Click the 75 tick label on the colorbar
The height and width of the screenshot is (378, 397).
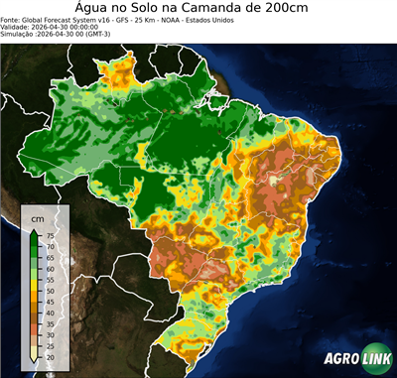50,235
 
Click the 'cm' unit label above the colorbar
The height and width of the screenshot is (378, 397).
37,217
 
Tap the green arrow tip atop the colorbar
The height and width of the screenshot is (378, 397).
35,230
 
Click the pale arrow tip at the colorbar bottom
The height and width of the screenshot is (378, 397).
35,362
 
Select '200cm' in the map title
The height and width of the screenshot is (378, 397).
294,8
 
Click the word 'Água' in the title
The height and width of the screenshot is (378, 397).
95,8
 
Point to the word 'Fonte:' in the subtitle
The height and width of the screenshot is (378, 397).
12,19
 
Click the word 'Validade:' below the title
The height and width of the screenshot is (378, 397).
18,27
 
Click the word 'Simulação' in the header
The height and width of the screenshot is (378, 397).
18,35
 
